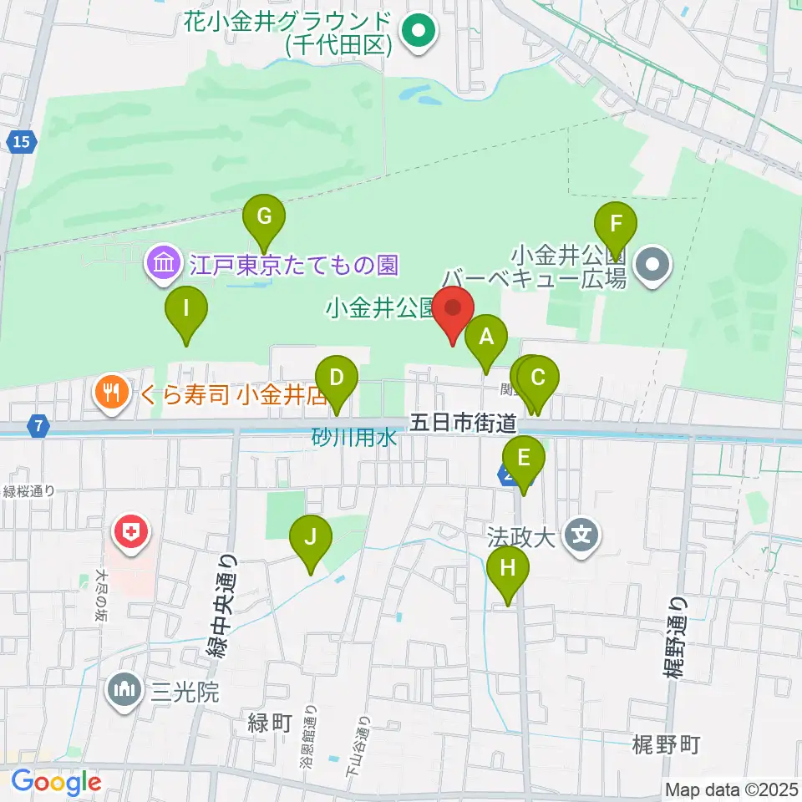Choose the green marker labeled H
pyautogui.click(x=508, y=570)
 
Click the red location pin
pyautogui.click(x=453, y=310)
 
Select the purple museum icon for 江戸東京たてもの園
pyautogui.click(x=163, y=266)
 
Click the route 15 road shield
pyautogui.click(x=22, y=142)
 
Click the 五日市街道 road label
pyautogui.click(x=463, y=424)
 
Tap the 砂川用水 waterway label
pyautogui.click(x=353, y=438)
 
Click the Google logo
pyautogui.click(x=56, y=783)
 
